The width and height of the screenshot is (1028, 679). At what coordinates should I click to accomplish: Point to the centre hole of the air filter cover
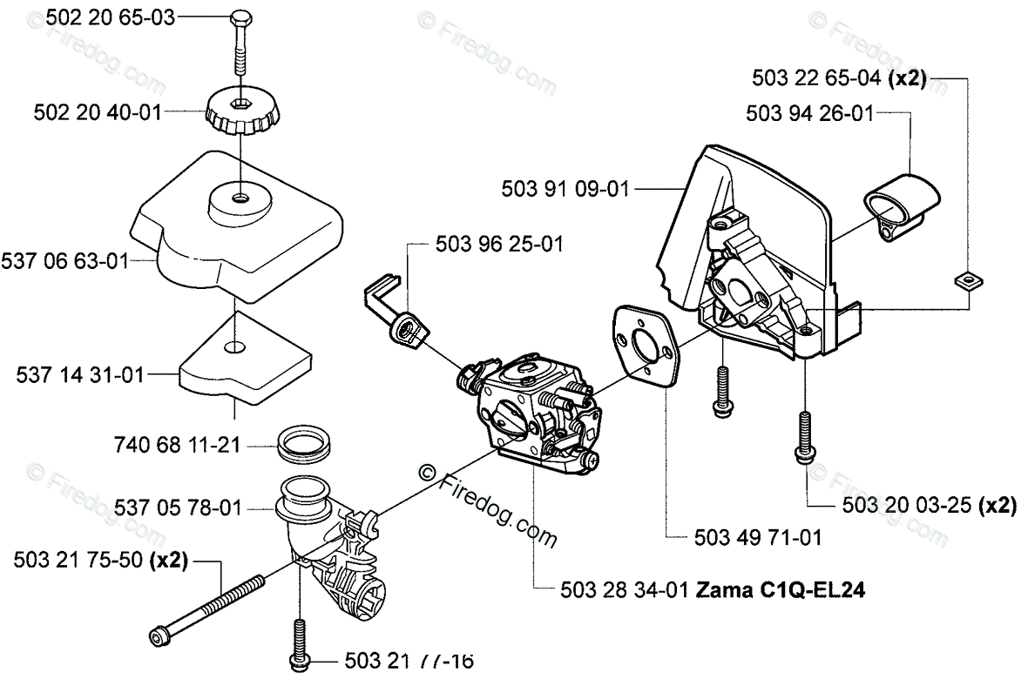click(x=239, y=198)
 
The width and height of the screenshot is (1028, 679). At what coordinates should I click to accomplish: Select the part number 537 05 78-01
click(x=178, y=508)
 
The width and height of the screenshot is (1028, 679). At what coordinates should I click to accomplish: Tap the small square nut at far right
click(x=965, y=279)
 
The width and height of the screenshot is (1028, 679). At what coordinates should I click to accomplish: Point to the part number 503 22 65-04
click(x=816, y=78)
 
